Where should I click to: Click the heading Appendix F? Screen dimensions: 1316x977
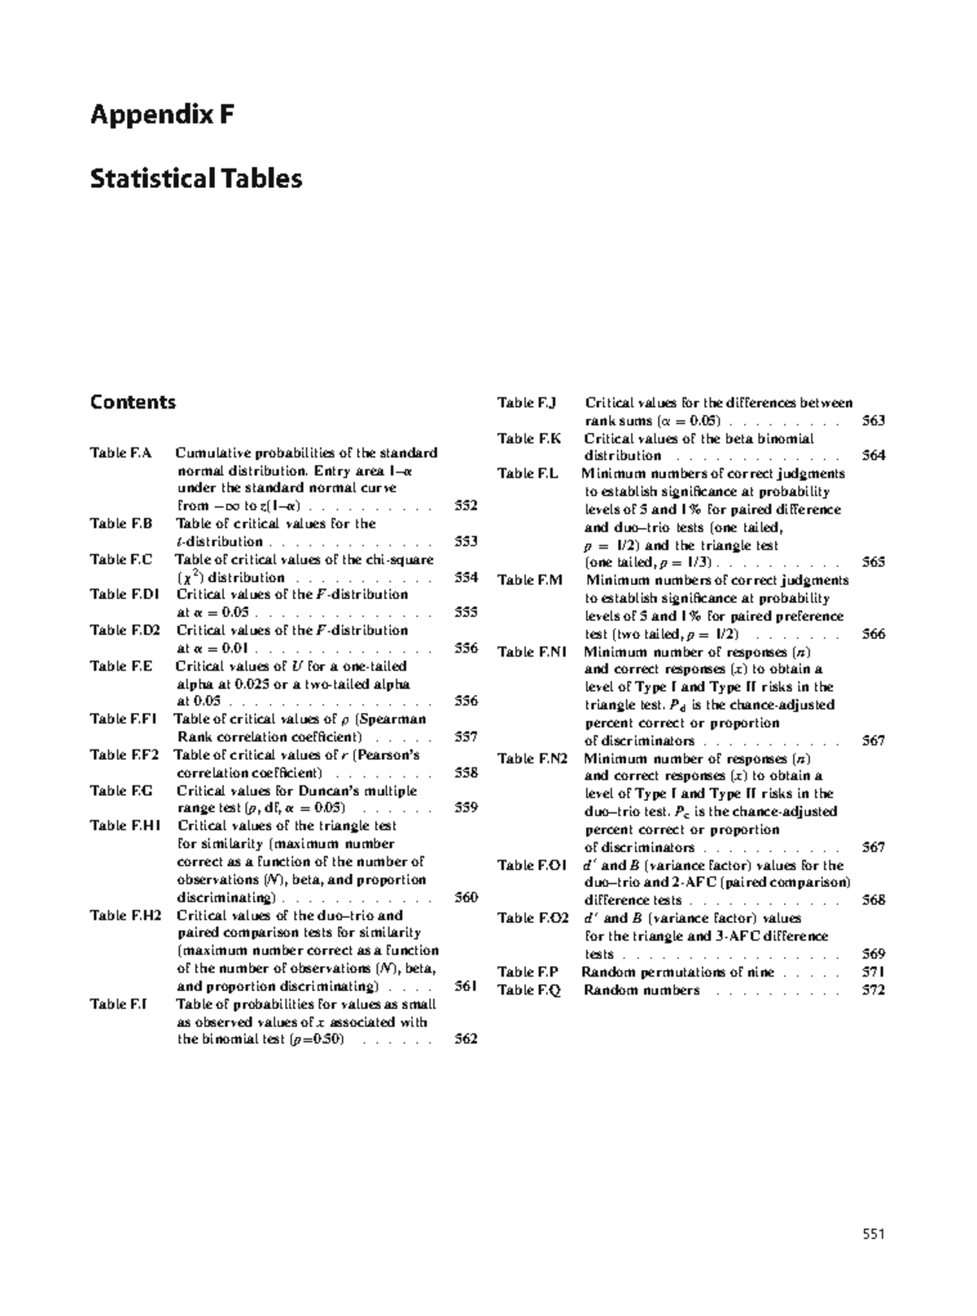162,115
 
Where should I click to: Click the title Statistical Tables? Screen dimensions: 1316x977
195,178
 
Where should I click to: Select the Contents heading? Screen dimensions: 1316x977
133,402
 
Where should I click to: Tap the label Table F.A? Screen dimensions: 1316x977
120,453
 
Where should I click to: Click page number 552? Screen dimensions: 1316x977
465,505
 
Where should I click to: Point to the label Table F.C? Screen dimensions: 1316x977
120,559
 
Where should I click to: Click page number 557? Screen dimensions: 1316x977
465,737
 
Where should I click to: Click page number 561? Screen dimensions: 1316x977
465,986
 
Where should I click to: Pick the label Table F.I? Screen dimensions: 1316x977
118,1003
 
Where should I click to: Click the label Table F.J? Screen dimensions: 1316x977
526,402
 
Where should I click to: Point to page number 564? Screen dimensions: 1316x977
873,456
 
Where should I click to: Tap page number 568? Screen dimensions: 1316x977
873,900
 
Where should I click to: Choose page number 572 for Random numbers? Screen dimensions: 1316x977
873,990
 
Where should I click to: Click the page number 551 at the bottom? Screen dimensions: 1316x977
873,1234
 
